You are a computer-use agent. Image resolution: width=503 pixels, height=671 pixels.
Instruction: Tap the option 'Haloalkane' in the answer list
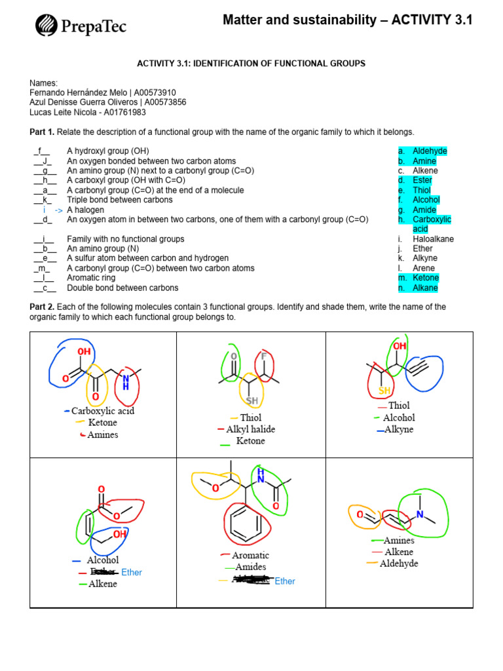click(x=433, y=239)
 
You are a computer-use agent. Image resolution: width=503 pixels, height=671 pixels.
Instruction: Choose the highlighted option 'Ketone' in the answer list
click(x=426, y=278)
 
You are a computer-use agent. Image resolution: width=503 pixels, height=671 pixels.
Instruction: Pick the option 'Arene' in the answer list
click(x=424, y=268)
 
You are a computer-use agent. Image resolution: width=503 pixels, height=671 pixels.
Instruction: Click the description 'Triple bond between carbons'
click(x=120, y=200)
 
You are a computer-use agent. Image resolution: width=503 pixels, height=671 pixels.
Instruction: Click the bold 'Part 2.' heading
click(x=43, y=307)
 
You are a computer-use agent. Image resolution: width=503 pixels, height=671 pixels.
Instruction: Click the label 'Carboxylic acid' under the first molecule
click(x=103, y=411)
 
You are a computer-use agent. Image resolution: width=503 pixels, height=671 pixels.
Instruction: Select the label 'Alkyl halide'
click(x=251, y=429)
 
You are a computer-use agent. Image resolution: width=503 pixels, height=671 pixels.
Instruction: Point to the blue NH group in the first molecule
click(x=126, y=382)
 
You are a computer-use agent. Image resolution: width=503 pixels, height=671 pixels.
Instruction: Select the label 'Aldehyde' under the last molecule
click(x=399, y=564)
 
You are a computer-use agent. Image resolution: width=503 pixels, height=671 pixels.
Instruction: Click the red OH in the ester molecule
click(x=119, y=535)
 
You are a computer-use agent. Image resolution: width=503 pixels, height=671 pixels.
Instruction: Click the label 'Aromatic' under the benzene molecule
click(x=250, y=555)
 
